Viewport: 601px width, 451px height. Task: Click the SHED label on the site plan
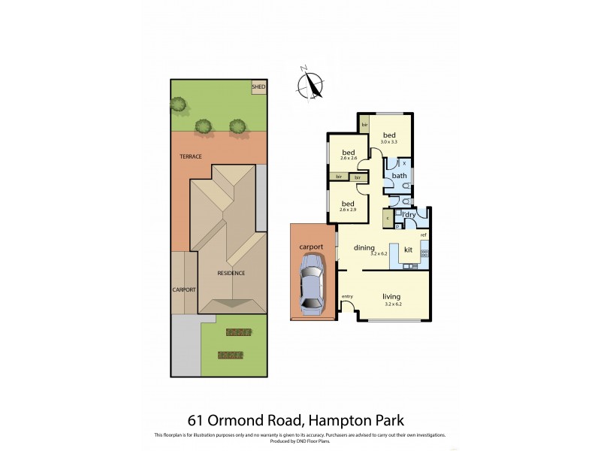tap(258, 87)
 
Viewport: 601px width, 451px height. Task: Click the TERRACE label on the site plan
tap(190, 156)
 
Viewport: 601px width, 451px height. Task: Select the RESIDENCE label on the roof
tap(231, 273)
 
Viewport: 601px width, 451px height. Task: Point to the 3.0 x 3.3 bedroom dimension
tap(388, 142)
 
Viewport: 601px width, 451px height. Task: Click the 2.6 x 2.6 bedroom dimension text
tap(347, 157)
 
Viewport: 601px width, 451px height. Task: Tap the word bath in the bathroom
tap(399, 176)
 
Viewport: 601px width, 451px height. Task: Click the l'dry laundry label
tap(409, 215)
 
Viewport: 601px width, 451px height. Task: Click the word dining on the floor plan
tap(364, 247)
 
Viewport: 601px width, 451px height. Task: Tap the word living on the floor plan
tap(391, 295)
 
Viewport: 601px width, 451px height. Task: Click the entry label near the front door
tap(347, 296)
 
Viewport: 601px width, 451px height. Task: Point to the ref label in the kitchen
tap(423, 235)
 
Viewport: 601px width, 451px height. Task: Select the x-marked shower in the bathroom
tap(403, 162)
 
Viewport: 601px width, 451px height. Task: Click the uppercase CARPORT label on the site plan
tap(184, 289)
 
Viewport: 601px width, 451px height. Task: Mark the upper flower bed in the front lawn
tap(237, 332)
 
